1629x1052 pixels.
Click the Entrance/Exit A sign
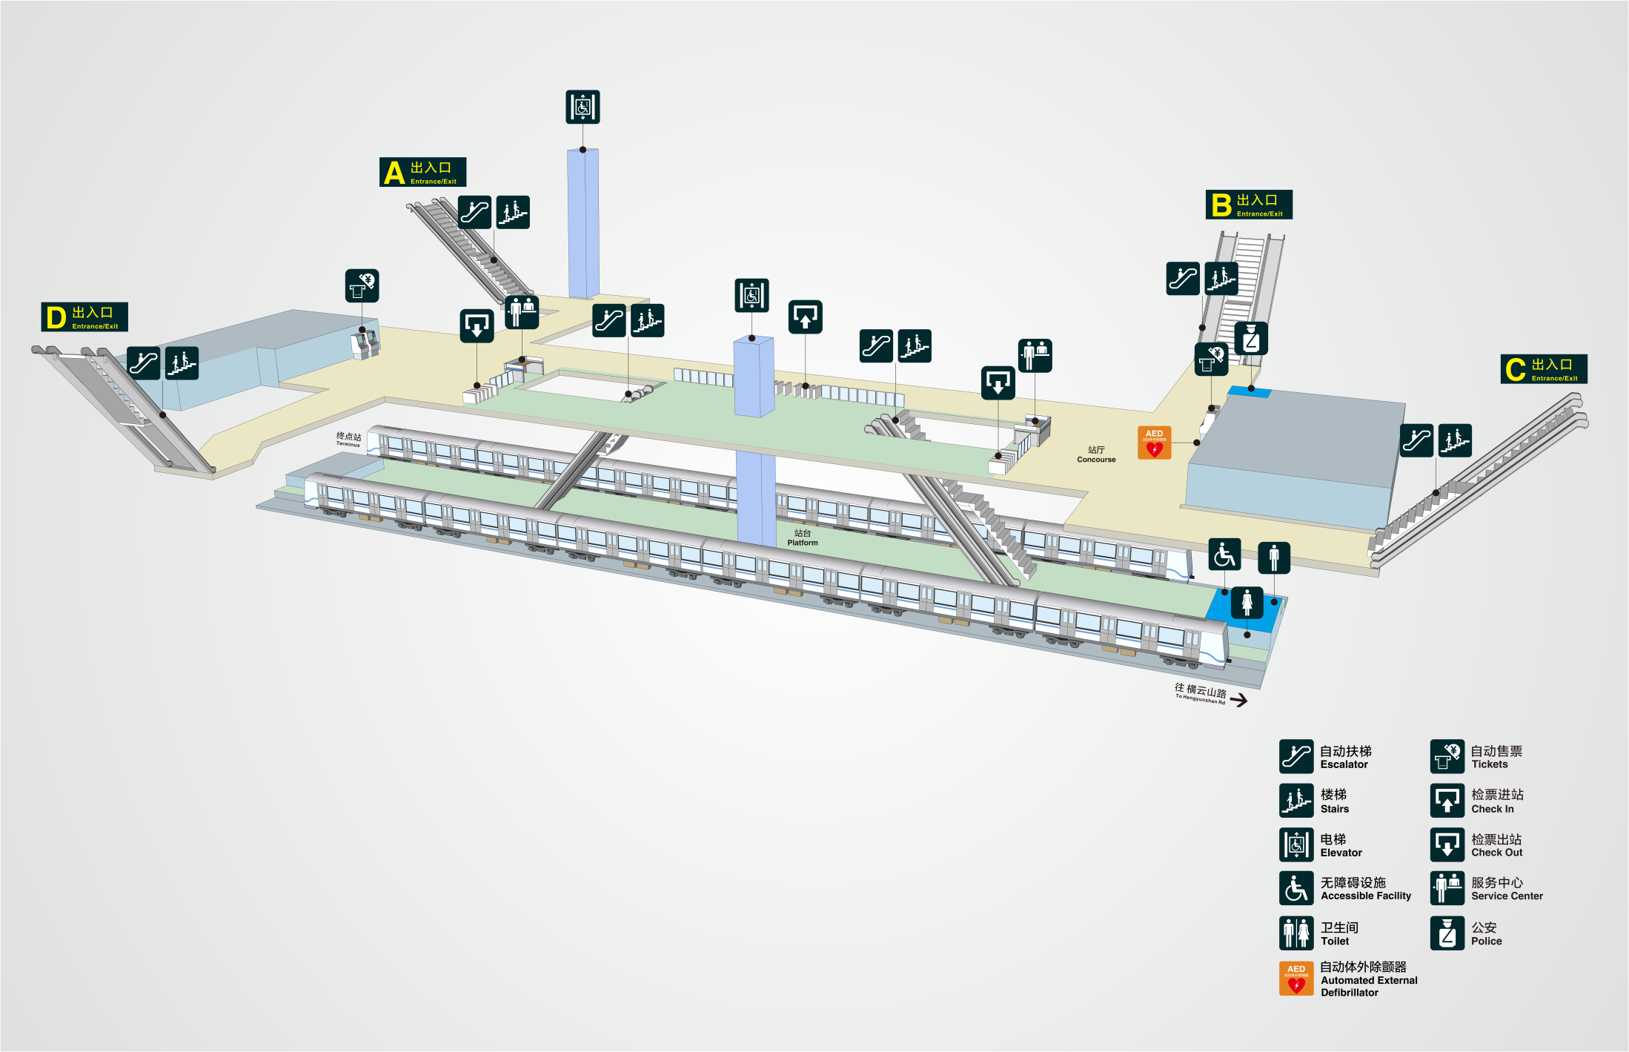click(422, 172)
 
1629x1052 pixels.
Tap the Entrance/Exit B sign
click(1249, 205)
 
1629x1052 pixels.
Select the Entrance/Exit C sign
click(1544, 369)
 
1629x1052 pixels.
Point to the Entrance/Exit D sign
click(84, 317)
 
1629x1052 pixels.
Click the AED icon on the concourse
click(1154, 443)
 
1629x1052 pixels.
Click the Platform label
click(803, 538)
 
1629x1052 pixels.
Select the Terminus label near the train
click(348, 440)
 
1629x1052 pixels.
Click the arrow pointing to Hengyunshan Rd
click(1238, 700)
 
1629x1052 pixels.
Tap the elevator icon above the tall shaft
click(583, 107)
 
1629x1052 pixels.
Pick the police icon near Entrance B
click(1251, 339)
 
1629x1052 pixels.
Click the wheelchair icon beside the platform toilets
click(1224, 555)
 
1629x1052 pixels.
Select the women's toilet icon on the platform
click(1247, 603)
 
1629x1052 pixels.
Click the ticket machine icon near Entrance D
click(362, 285)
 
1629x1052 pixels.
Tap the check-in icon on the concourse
click(805, 317)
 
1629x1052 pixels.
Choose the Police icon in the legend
click(1447, 933)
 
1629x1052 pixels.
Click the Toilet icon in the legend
click(1296, 933)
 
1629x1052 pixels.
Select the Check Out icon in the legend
click(1447, 844)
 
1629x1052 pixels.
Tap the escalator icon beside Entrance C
click(1416, 441)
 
